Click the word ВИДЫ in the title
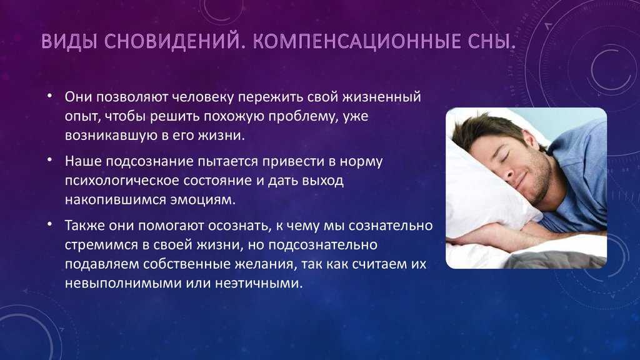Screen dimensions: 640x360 pyautogui.click(x=69, y=42)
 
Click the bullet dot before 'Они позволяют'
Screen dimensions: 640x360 pyautogui.click(x=49, y=96)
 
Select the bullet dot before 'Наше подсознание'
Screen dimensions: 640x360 pyautogui.click(x=49, y=160)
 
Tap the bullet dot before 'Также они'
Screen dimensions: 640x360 pyautogui.click(x=49, y=224)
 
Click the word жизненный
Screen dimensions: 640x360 pyautogui.click(x=381, y=97)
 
